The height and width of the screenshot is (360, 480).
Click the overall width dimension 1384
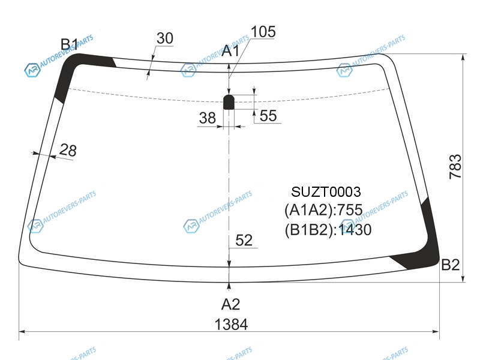(x=231, y=325)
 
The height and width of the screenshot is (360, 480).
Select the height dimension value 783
(x=455, y=167)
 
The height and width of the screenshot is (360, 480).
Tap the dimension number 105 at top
(x=263, y=32)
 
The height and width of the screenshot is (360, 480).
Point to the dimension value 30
(x=165, y=38)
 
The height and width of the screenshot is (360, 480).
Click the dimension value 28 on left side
(x=68, y=150)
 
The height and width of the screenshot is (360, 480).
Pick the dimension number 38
(x=208, y=118)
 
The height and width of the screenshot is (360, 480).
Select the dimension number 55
(x=268, y=116)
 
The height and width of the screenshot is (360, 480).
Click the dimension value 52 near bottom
(x=244, y=241)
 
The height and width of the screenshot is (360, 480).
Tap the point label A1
(x=231, y=51)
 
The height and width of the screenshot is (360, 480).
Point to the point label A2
(x=231, y=305)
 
